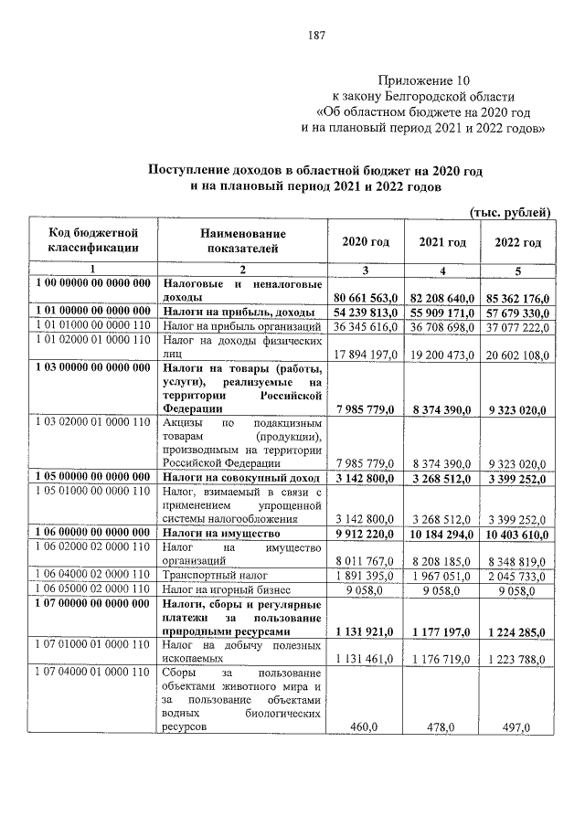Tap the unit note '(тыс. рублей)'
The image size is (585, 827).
(509, 212)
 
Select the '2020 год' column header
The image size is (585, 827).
(366, 242)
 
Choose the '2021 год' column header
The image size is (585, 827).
(442, 242)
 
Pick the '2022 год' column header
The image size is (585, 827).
(518, 242)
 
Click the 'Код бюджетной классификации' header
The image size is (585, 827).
(93, 242)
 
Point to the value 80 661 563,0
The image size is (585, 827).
(366, 298)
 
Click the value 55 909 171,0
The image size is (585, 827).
(442, 312)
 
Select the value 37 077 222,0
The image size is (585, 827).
(518, 325)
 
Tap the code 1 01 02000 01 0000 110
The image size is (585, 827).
(93, 340)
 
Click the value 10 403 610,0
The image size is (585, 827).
(518, 534)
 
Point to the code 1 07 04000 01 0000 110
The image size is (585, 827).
(93, 673)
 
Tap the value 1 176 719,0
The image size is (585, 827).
(442, 659)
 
